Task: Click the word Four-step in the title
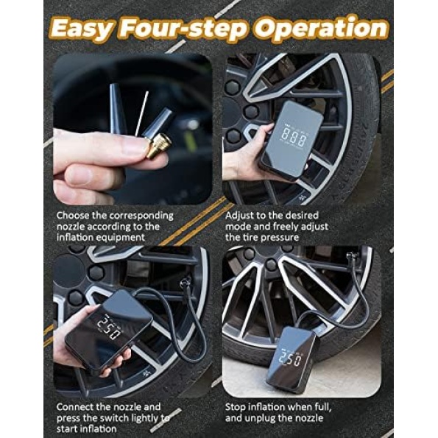pos(183,29)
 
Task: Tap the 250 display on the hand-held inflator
pos(110,328)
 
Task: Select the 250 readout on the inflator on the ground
pos(292,359)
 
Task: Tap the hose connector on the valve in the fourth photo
pos(350,256)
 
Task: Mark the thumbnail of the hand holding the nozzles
pos(133,129)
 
